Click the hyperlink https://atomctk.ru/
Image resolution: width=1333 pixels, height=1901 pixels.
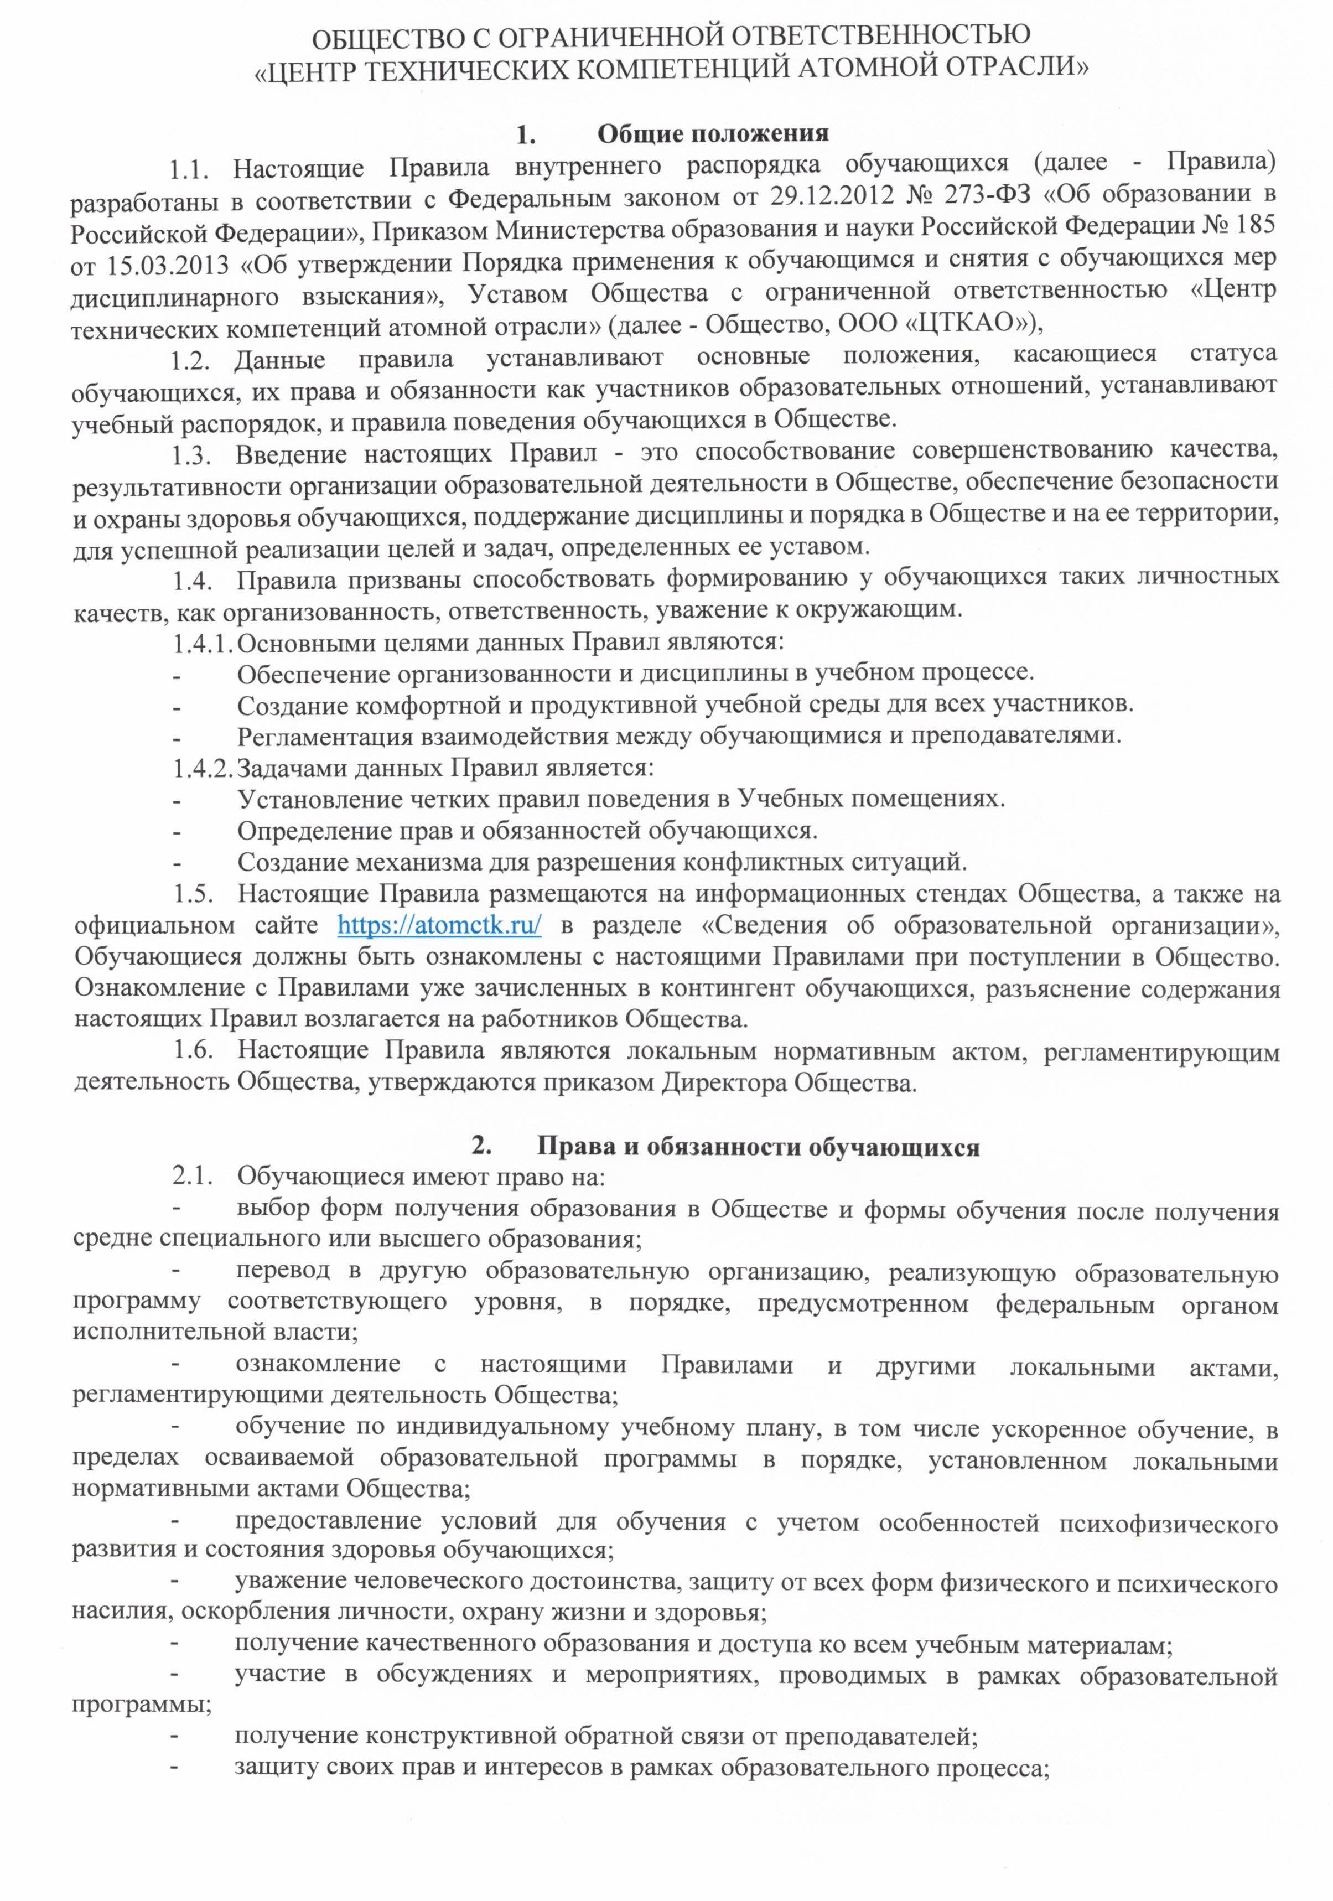(440, 925)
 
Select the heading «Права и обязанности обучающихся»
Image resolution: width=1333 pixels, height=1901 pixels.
(759, 1147)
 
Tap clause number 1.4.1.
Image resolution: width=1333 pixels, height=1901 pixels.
(202, 641)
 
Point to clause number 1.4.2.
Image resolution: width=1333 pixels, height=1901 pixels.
(202, 768)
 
